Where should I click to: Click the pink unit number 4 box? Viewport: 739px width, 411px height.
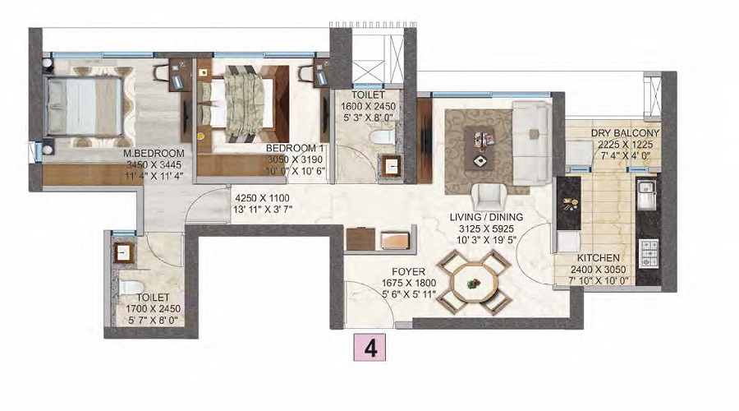[370, 348]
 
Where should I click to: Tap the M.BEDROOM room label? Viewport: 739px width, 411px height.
[154, 153]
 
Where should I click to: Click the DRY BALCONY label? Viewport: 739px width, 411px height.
[626, 133]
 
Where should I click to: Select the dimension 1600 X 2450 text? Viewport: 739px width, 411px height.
[369, 104]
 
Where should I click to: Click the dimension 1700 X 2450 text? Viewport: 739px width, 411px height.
[153, 309]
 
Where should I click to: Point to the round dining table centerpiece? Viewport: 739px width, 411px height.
[472, 283]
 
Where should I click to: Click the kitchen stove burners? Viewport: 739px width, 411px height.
[649, 252]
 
